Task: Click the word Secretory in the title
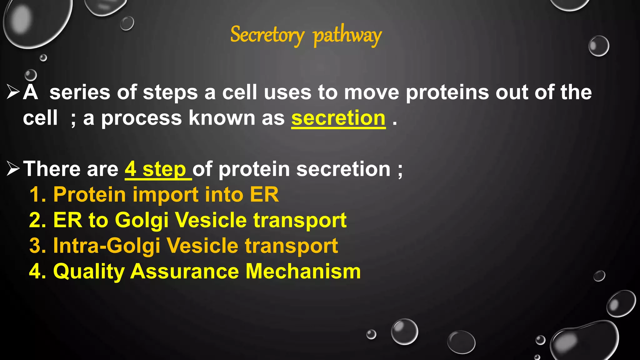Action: (x=267, y=35)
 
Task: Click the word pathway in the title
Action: (x=347, y=36)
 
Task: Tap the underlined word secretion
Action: (x=338, y=118)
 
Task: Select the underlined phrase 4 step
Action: (x=158, y=169)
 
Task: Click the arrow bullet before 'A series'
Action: (x=13, y=92)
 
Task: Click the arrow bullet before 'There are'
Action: (x=13, y=169)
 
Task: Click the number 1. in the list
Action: (x=38, y=195)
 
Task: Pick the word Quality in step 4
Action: (x=89, y=272)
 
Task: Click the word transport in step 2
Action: (x=300, y=221)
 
